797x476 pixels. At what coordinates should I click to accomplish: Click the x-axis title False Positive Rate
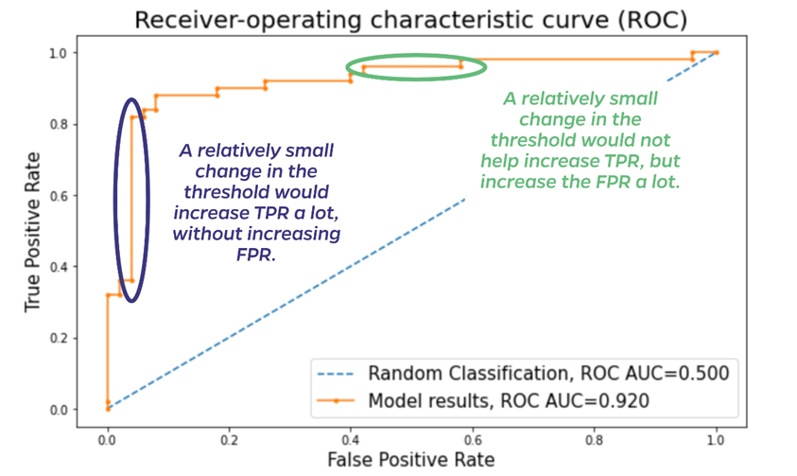pyautogui.click(x=410, y=459)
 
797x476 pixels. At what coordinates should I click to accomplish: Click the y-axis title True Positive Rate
pyautogui.click(x=33, y=231)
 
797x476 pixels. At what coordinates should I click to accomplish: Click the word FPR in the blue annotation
pyautogui.click(x=258, y=256)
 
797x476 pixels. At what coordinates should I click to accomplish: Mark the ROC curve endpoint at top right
pyautogui.click(x=716, y=52)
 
